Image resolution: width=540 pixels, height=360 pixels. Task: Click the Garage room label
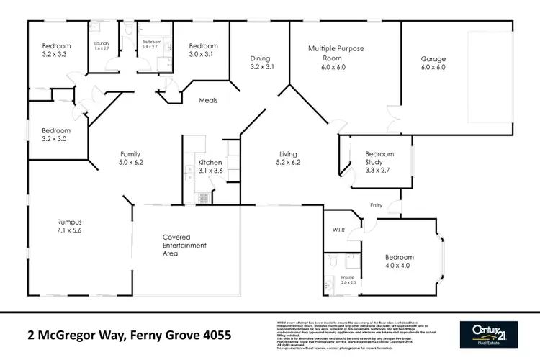click(433, 63)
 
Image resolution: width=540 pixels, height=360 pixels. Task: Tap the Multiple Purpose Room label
click(336, 57)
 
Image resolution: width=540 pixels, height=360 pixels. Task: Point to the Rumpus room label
click(71, 226)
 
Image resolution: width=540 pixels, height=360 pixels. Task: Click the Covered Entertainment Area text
click(184, 246)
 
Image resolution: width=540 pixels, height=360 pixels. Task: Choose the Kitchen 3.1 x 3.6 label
click(210, 167)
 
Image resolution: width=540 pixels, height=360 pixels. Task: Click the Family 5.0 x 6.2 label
click(131, 158)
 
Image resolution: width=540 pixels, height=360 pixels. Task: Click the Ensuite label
click(348, 280)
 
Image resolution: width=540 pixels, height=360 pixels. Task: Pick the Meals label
click(208, 101)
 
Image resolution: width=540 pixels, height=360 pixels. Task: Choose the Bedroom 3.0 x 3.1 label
click(203, 50)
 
